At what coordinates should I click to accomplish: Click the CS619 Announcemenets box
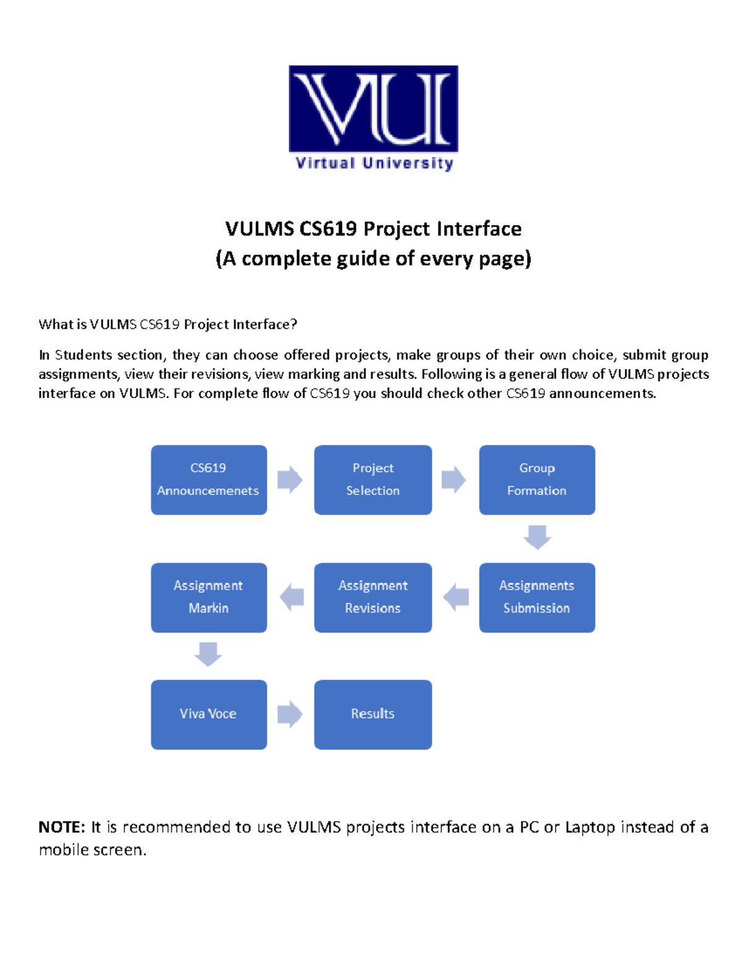pyautogui.click(x=209, y=480)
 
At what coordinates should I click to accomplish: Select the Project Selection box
pyautogui.click(x=373, y=480)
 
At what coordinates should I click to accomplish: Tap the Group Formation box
pyautogui.click(x=537, y=480)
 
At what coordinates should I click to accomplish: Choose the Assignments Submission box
pyautogui.click(x=537, y=597)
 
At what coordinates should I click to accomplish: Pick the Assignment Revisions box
pyautogui.click(x=373, y=597)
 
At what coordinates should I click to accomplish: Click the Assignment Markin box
pyautogui.click(x=209, y=597)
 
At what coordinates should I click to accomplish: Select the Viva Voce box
pyautogui.click(x=209, y=714)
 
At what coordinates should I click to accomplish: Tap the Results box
pyautogui.click(x=373, y=714)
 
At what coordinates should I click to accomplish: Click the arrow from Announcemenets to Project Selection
pyautogui.click(x=290, y=480)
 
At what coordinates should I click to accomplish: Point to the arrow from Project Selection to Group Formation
pyautogui.click(x=454, y=480)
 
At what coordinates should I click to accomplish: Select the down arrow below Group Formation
pyautogui.click(x=537, y=537)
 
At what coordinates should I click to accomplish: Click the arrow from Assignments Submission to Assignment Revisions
pyautogui.click(x=456, y=597)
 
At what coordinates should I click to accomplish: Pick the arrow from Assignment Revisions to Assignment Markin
pyautogui.click(x=292, y=597)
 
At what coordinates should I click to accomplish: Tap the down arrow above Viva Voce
pyautogui.click(x=208, y=653)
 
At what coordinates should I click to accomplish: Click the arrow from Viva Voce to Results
pyautogui.click(x=290, y=714)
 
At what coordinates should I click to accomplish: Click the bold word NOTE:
pyautogui.click(x=62, y=827)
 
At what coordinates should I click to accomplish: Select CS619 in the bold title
pyautogui.click(x=328, y=229)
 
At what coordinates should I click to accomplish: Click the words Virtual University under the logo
pyautogui.click(x=374, y=163)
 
